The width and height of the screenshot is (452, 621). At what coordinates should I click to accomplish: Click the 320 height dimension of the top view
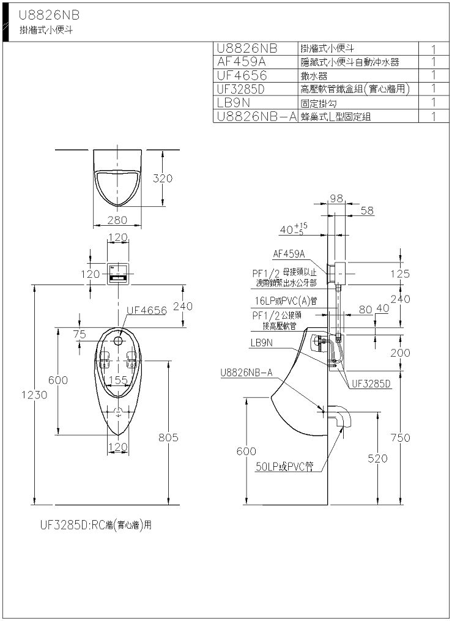point(163,179)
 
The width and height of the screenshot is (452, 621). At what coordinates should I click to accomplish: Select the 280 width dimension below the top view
point(117,220)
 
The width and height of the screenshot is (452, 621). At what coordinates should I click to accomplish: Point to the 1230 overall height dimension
point(34,395)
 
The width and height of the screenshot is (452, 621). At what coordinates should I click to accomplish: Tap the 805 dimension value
point(168,437)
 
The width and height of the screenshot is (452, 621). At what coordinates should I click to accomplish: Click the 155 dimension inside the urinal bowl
point(118,380)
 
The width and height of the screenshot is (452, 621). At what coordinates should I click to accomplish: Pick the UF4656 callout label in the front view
point(146,311)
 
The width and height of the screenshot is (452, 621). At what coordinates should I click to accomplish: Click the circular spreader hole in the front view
point(117,341)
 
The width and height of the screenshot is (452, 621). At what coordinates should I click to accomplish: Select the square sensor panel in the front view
point(118,273)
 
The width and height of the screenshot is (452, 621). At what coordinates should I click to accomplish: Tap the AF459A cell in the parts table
point(242,62)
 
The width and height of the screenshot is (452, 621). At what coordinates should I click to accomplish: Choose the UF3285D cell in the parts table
point(240,89)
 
